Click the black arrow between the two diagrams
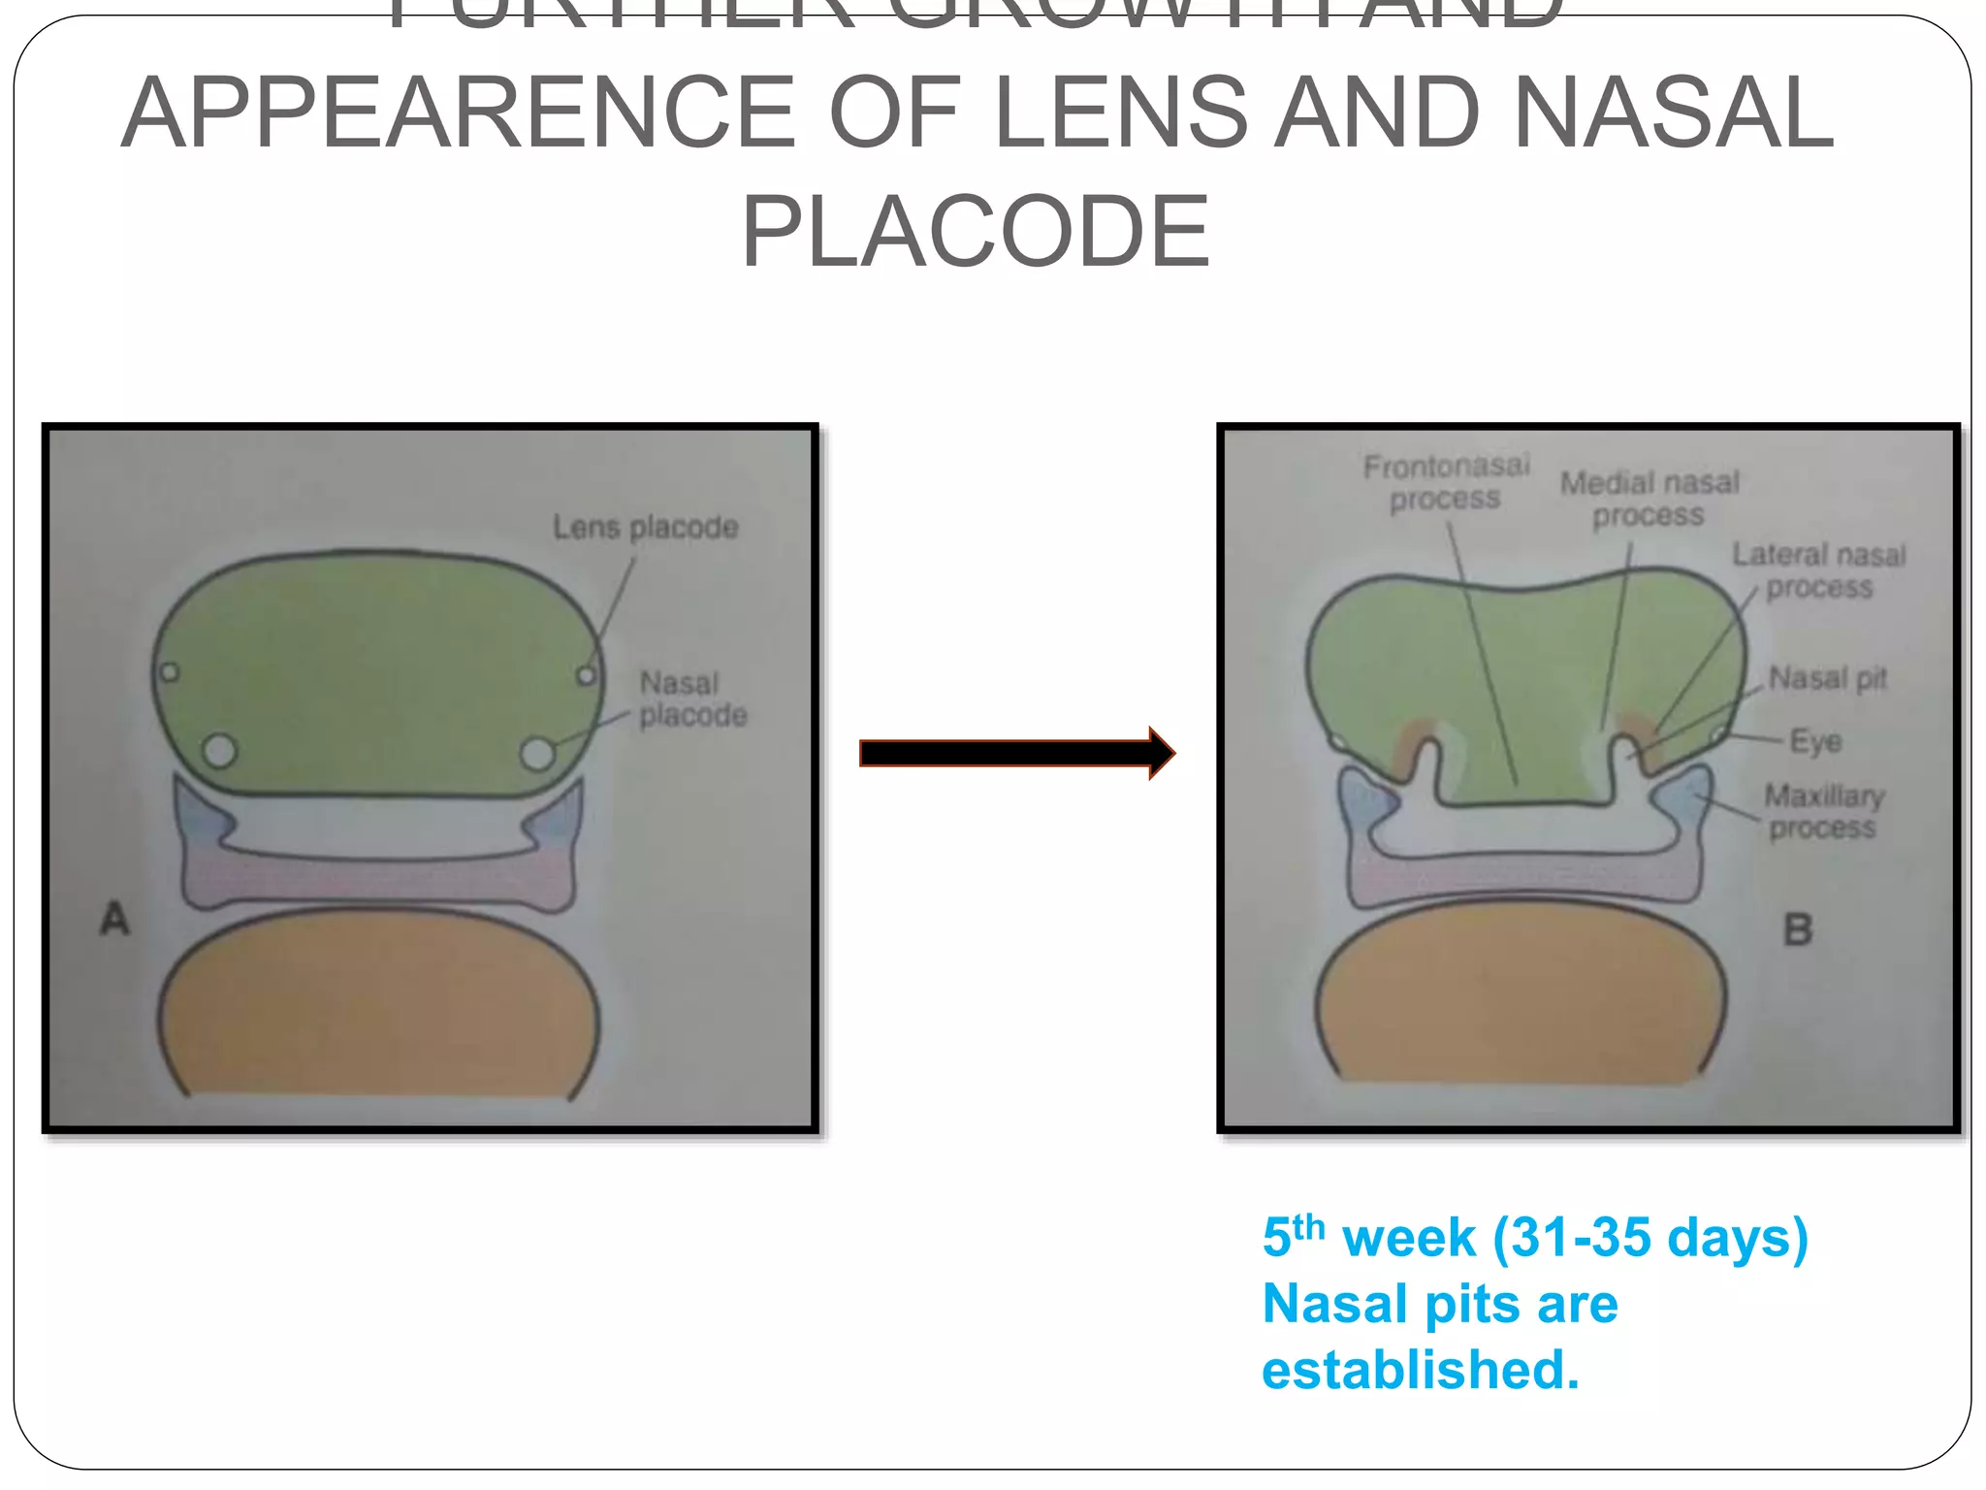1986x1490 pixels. pos(1016,753)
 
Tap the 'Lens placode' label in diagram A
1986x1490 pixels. pos(646,528)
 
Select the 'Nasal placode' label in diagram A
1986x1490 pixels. pos(692,699)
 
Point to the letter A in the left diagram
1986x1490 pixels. pos(114,919)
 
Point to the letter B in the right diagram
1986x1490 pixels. pos(1798,929)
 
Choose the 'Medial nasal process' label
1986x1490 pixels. pos(1650,499)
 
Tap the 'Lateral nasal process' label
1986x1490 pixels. pos(1819,570)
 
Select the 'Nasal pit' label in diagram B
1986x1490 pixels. pos(1828,678)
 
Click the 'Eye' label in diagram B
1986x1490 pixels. pos(1815,742)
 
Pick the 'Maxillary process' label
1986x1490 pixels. pos(1823,811)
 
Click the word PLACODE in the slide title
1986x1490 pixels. pos(976,232)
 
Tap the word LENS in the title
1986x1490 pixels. pos(1122,113)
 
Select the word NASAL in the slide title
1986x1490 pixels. pos(1673,113)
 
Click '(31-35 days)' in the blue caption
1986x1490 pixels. pos(1650,1239)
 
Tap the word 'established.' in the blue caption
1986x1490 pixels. pos(1421,1370)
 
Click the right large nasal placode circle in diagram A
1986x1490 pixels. pos(537,753)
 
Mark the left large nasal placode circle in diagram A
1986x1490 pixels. pos(220,750)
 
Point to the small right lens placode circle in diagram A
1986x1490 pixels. pos(587,675)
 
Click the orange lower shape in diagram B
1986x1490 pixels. pos(1521,999)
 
